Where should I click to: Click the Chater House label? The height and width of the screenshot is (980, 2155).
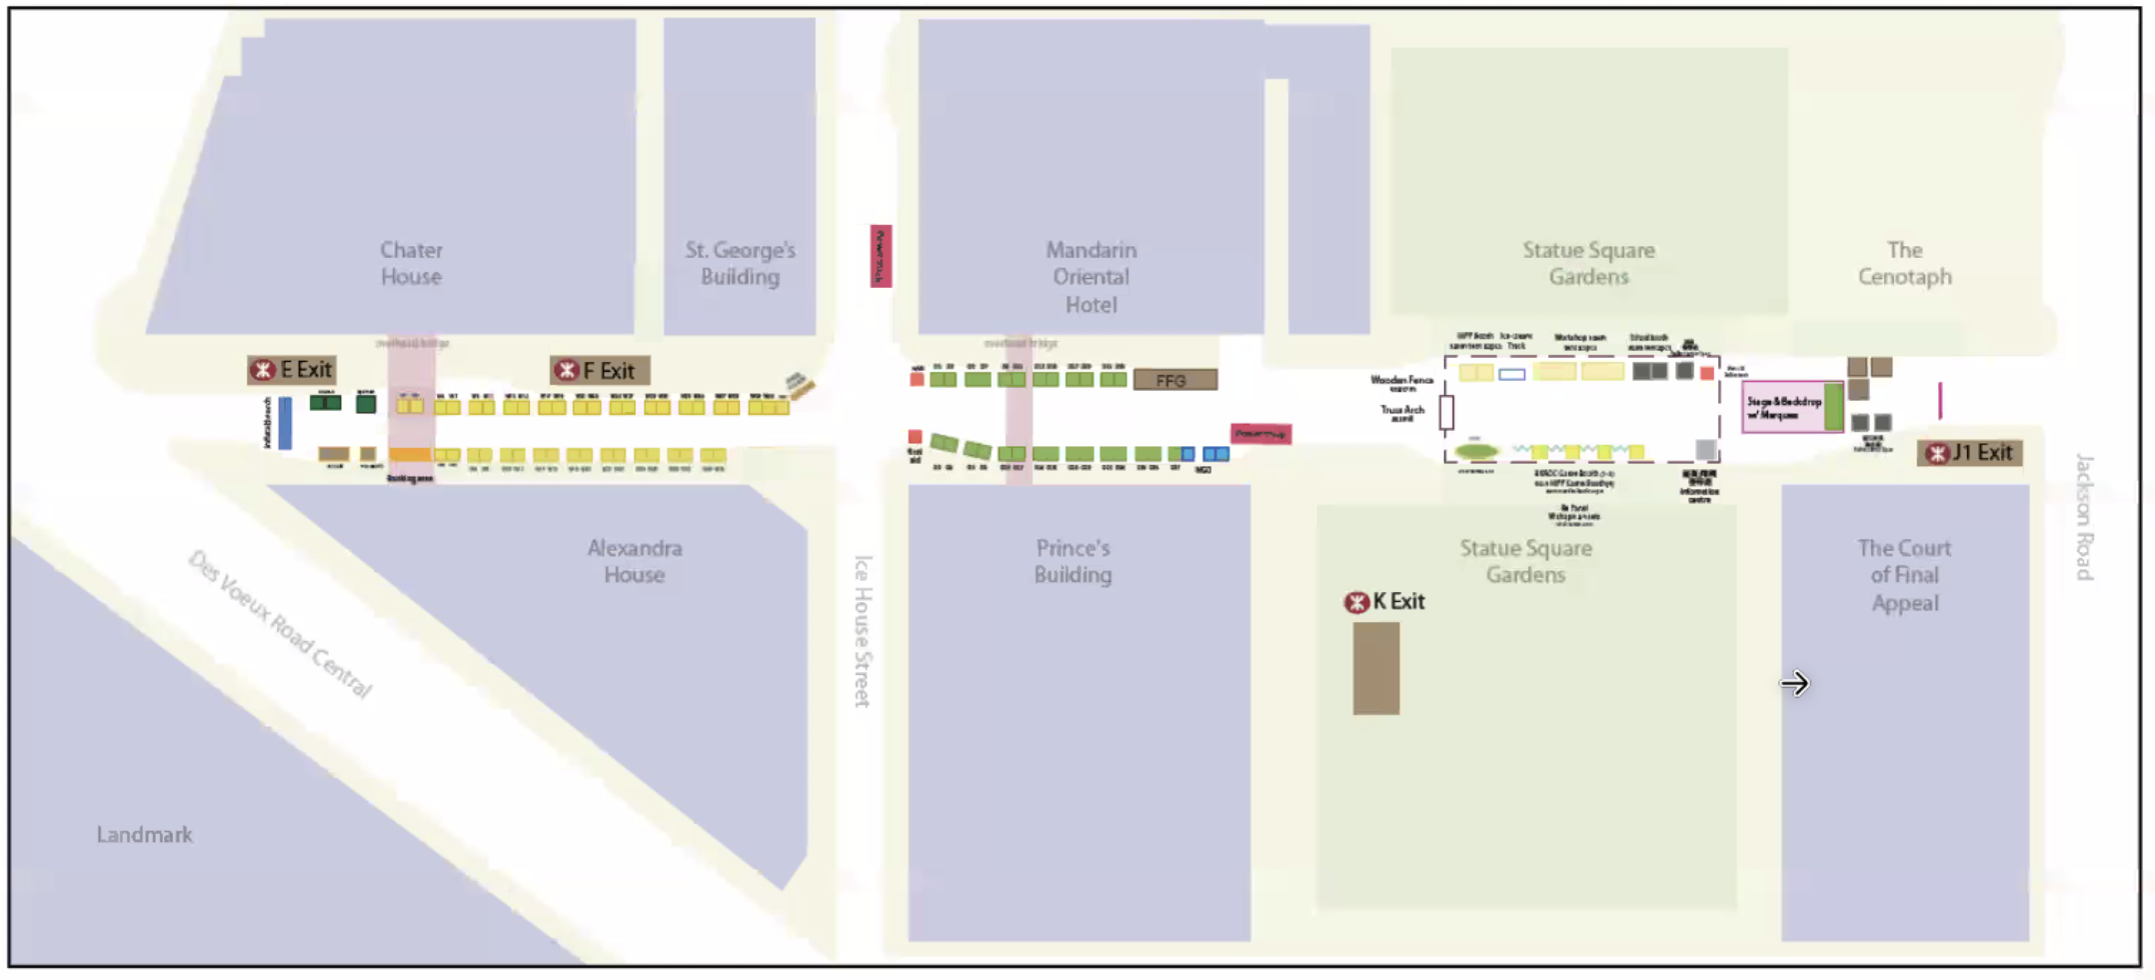(411, 263)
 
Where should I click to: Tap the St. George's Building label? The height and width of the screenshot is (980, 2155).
(740, 263)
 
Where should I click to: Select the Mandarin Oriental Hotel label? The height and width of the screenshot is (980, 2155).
(1090, 277)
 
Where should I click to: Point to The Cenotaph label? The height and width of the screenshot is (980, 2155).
(1904, 263)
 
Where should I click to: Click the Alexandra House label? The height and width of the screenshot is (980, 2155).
(635, 561)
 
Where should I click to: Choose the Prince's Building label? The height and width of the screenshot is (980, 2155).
(1073, 561)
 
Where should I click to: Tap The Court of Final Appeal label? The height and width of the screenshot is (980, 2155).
(1904, 575)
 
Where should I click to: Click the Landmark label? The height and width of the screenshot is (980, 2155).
(144, 835)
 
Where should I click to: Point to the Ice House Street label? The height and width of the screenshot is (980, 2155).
(863, 631)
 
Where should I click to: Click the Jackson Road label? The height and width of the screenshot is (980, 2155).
(2083, 516)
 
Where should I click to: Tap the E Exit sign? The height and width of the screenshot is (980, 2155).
(292, 370)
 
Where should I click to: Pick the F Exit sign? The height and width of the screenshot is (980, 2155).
(599, 371)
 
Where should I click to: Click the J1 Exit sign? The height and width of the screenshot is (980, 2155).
(1970, 453)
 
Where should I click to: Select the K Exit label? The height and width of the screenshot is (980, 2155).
(1385, 602)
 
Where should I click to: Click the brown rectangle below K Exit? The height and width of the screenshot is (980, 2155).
(1375, 668)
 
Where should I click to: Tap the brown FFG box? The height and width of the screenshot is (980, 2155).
(1174, 380)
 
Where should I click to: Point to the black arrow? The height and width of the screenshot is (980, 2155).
(1794, 684)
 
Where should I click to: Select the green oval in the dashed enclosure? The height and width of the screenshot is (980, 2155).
(1476, 451)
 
